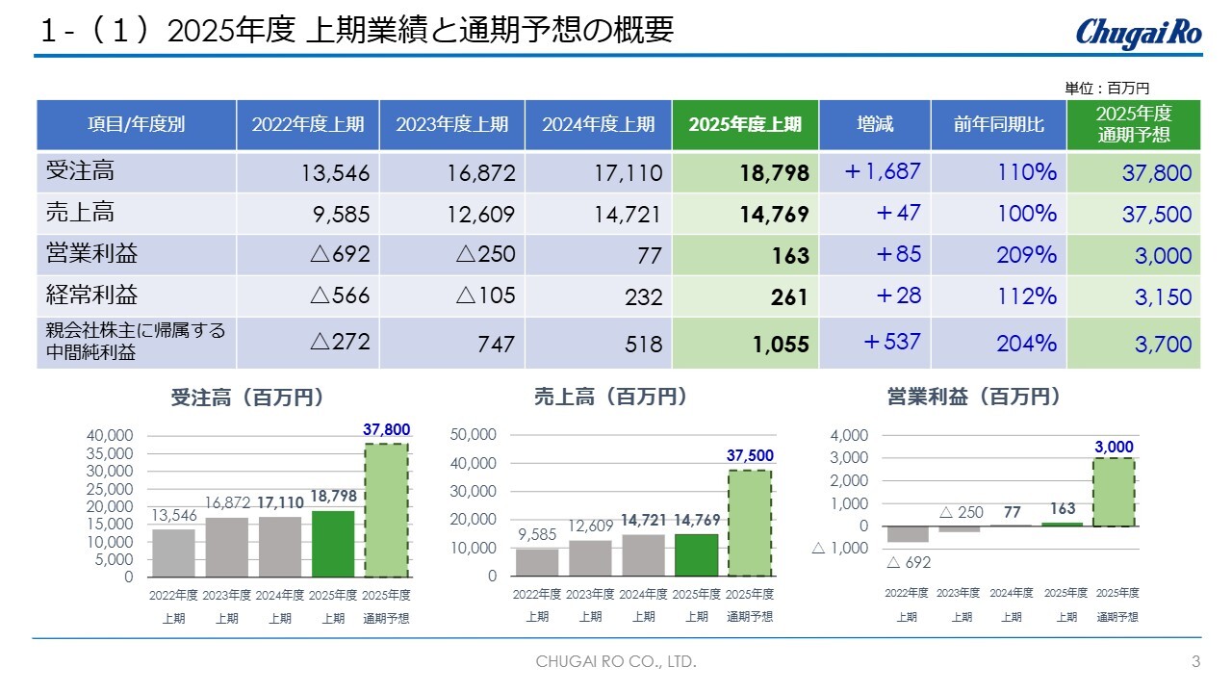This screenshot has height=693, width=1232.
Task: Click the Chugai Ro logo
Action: click(1138, 32)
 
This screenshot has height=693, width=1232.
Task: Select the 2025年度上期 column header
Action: click(745, 124)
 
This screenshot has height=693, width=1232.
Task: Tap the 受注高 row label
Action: click(80, 171)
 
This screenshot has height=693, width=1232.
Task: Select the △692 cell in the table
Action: click(340, 255)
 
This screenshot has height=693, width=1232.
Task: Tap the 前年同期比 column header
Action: click(998, 124)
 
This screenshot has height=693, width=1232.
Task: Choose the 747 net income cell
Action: click(497, 344)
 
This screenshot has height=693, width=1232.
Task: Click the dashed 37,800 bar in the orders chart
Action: click(386, 510)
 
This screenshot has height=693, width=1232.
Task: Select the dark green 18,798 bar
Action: click(333, 544)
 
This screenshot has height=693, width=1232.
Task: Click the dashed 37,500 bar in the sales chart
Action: click(750, 523)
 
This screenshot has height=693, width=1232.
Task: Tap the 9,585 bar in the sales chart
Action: click(537, 562)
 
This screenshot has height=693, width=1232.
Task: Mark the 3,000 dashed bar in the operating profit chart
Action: click(1115, 492)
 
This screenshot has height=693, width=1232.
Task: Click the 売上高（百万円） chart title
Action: click(611, 397)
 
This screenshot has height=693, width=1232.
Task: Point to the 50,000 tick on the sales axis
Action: click(474, 435)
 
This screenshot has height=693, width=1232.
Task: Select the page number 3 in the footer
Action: click(1195, 662)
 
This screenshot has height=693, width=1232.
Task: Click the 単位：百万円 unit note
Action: click(1107, 88)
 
